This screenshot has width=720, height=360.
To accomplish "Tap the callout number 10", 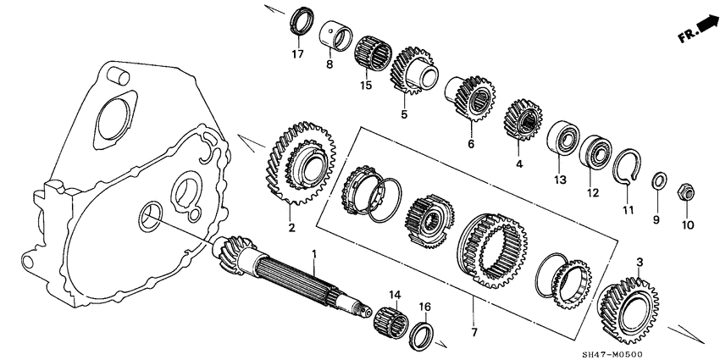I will point(686,224).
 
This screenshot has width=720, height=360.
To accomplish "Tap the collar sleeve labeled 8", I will point(335,36).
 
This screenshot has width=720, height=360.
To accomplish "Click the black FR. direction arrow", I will point(701,32).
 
